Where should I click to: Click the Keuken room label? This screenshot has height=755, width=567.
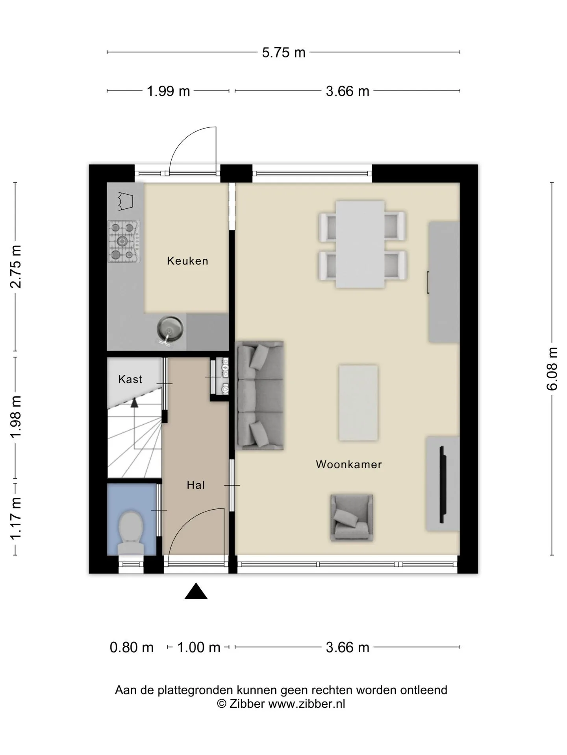pos(187,261)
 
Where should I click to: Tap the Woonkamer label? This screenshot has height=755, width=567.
pos(349,464)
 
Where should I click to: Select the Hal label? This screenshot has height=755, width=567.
pos(196,485)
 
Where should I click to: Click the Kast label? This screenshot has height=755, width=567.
pos(130,379)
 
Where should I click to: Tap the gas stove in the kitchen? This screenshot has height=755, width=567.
pos(124,241)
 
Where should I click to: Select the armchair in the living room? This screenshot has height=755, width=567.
pos(352,517)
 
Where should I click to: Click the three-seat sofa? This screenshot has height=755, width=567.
pos(259,395)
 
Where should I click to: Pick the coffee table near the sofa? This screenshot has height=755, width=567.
pos(358,403)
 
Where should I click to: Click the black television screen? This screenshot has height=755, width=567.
pos(442,484)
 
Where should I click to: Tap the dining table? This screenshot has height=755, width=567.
pos(360,244)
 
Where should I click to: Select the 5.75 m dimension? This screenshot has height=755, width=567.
pos(283,52)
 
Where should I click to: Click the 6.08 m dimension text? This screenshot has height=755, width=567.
pos(552,368)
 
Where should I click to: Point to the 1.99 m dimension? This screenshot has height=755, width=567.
pos(168,91)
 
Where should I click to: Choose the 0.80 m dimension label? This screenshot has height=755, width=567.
pos(132,647)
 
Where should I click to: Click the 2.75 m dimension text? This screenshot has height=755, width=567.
pos(16,267)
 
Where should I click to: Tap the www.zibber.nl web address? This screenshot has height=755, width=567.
pos(307,704)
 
